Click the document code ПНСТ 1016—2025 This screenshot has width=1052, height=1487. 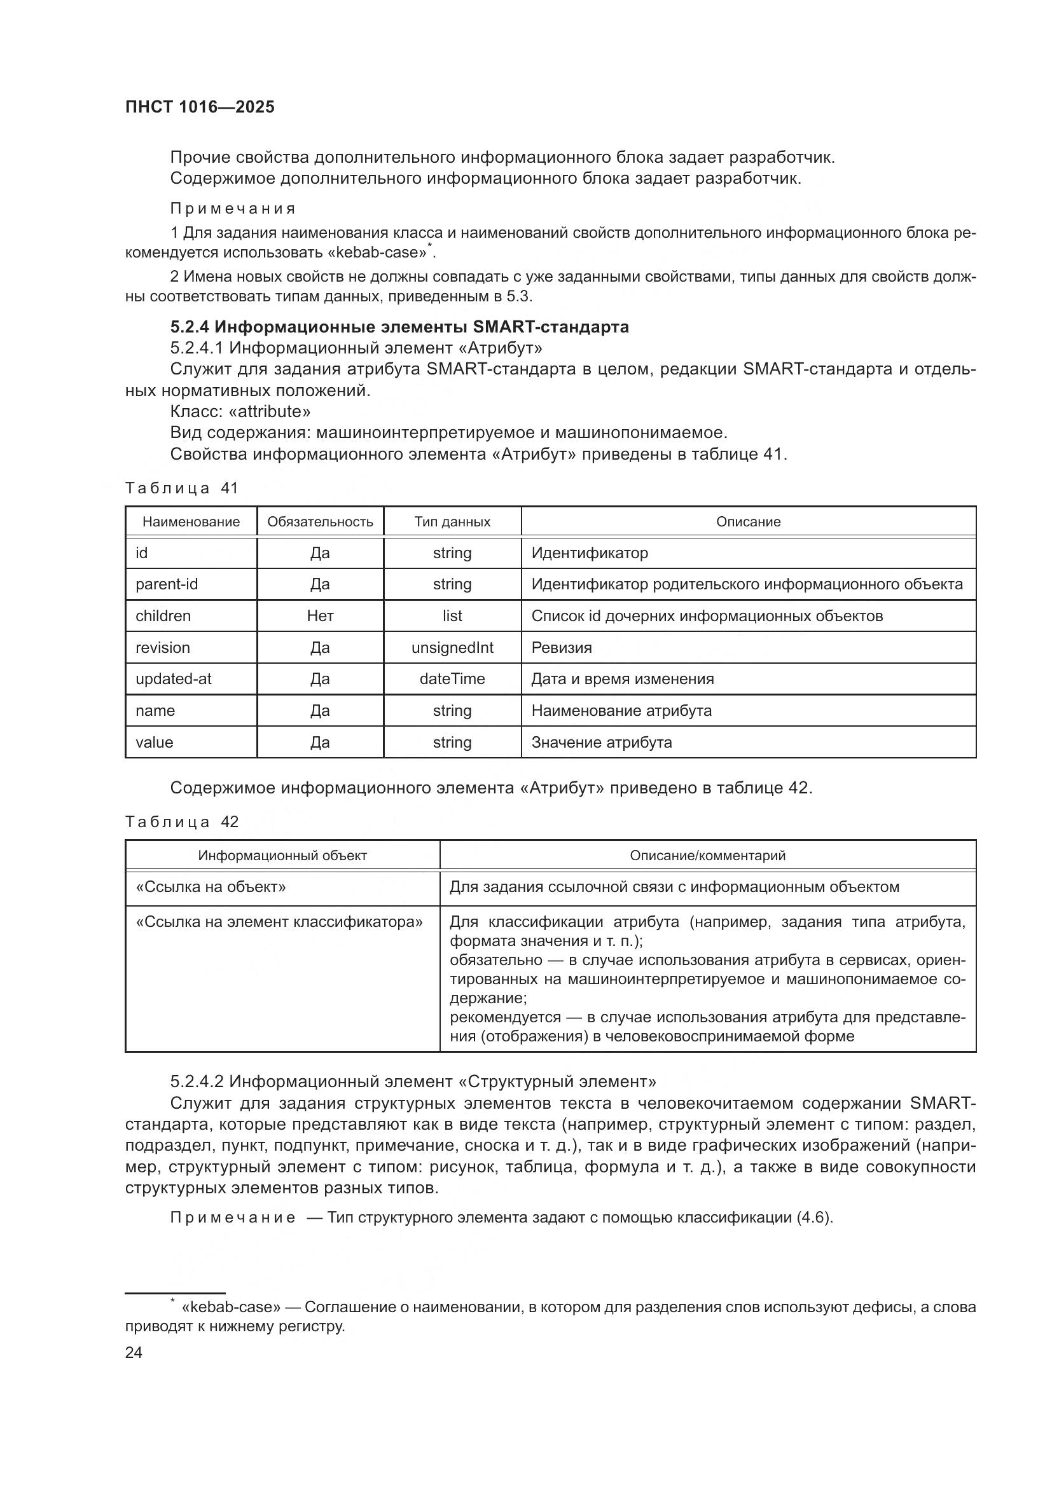[200, 107]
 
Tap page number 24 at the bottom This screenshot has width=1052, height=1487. [134, 1352]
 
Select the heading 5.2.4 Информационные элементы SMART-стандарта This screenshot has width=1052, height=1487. [399, 327]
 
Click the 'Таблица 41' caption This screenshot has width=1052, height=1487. [181, 488]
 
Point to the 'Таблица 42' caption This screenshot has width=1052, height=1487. [181, 822]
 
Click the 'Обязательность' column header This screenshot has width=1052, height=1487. [320, 522]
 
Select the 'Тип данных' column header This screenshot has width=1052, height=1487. [452, 522]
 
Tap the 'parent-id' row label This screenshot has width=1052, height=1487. [167, 584]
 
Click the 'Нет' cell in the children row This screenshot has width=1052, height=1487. [320, 616]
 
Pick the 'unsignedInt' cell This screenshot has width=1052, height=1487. [452, 648]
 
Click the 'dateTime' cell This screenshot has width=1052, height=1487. [452, 679]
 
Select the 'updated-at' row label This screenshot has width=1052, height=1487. [173, 679]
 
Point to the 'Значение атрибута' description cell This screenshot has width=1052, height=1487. [601, 742]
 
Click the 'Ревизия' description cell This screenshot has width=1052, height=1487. [561, 648]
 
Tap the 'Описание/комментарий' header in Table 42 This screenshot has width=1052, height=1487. [707, 856]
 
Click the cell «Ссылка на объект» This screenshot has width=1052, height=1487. [211, 887]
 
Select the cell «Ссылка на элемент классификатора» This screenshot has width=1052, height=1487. [279, 922]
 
